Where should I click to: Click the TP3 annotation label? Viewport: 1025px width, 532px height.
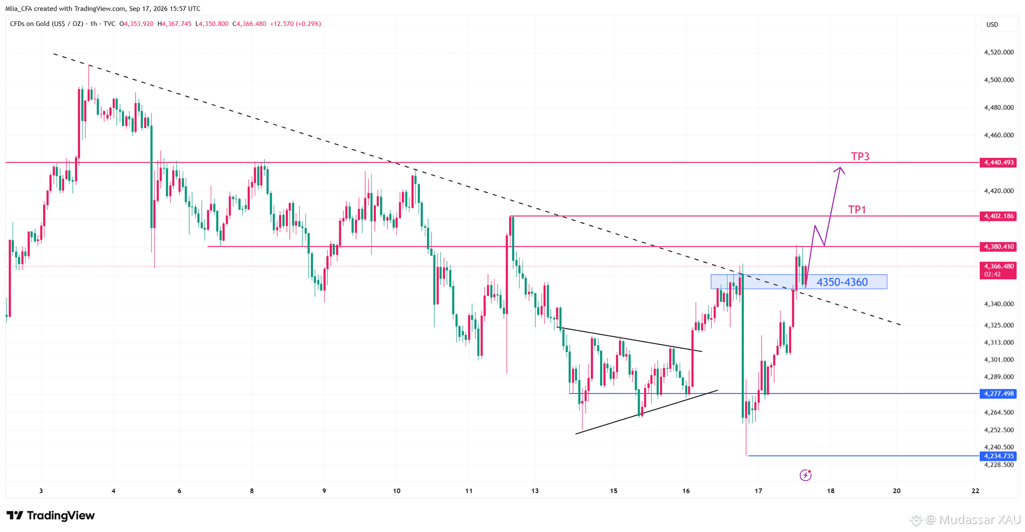(x=860, y=156)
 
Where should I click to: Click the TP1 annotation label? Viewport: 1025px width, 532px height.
(x=857, y=209)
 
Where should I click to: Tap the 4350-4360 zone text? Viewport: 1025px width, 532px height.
(x=842, y=282)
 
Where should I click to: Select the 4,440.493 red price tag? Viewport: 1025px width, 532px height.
(x=998, y=162)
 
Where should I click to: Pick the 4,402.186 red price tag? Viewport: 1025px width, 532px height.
(x=998, y=216)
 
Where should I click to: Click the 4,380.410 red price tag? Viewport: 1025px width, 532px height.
(x=998, y=246)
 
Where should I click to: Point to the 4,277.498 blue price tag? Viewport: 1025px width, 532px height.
(x=998, y=393)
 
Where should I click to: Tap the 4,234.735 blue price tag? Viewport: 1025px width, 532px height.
(x=998, y=456)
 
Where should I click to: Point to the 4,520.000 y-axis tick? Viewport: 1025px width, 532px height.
(x=998, y=52)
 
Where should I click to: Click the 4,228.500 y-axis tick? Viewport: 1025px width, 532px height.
(x=998, y=465)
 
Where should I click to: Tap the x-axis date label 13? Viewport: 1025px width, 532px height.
(x=535, y=491)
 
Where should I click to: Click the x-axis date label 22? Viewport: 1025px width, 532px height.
(x=975, y=491)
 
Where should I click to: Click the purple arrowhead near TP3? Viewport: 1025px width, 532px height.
(x=839, y=170)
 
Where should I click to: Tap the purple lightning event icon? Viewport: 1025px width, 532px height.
(x=805, y=475)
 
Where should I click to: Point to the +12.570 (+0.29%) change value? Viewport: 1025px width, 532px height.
(x=295, y=23)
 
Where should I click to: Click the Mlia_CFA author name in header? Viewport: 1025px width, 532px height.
(x=18, y=8)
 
